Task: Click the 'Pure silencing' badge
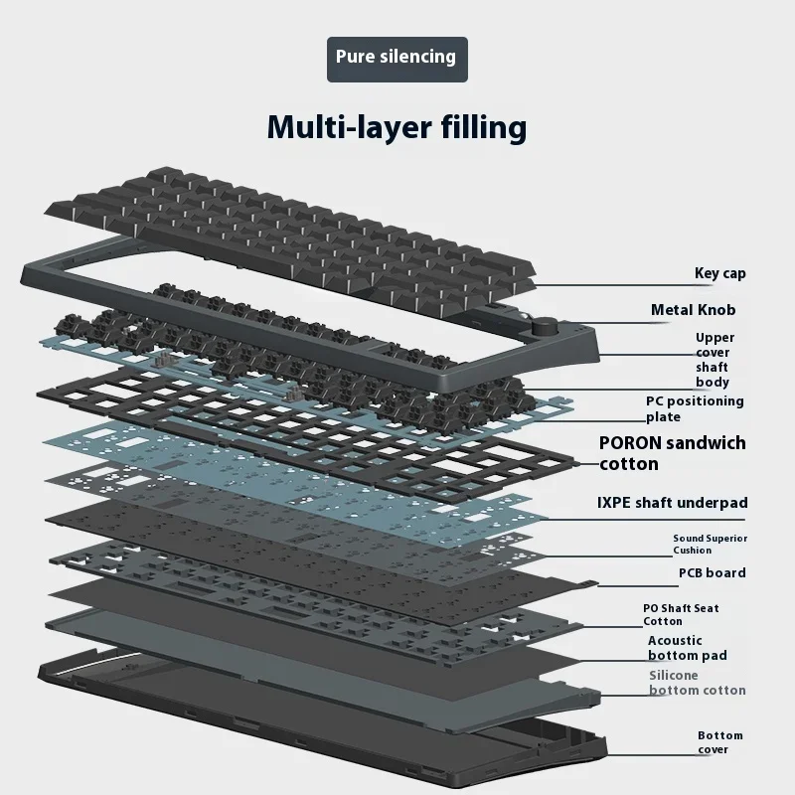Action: tap(397, 58)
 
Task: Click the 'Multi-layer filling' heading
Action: tap(397, 127)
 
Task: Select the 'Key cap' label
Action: tap(719, 273)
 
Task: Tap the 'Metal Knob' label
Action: tap(693, 310)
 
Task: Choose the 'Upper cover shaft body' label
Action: tap(713, 360)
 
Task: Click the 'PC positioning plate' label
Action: tap(694, 408)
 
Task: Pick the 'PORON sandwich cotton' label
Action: tap(671, 452)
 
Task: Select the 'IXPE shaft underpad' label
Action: tap(672, 503)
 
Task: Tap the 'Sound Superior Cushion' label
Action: tap(710, 544)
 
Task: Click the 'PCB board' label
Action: tap(712, 572)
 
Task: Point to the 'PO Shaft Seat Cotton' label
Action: tap(681, 614)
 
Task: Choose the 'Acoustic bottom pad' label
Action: tap(687, 648)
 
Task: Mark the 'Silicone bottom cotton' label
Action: tap(697, 683)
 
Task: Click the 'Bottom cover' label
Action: tap(719, 742)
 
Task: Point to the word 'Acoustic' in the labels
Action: tap(675, 641)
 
